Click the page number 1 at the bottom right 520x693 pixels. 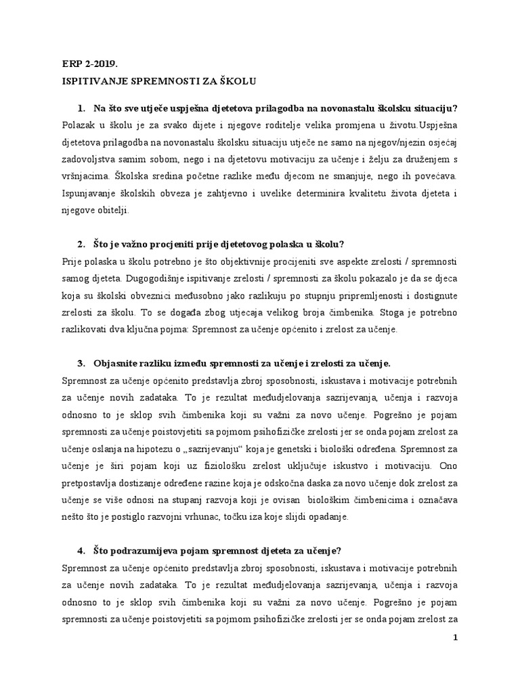(455, 638)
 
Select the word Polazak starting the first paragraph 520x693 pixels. (79, 125)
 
